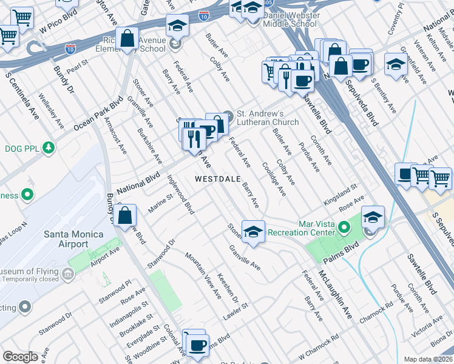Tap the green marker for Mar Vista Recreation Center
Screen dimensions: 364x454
pyautogui.click(x=344, y=229)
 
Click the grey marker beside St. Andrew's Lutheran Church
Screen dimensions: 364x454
pyautogui.click(x=228, y=115)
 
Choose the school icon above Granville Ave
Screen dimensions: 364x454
pyautogui.click(x=253, y=231)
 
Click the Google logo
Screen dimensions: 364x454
pyautogui.click(x=20, y=357)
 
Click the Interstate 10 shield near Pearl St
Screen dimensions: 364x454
pyautogui.click(x=70, y=46)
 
